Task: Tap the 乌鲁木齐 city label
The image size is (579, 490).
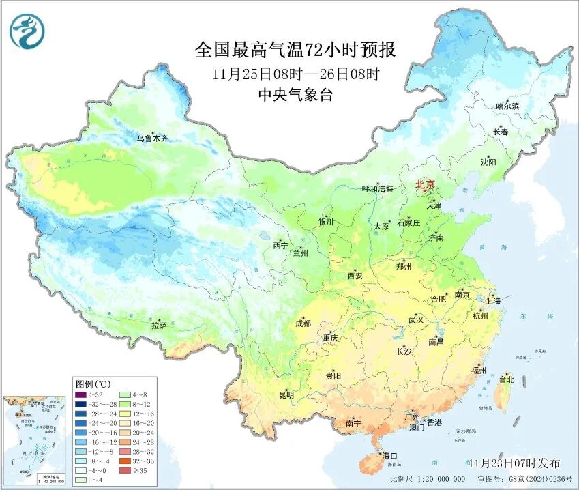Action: [151, 138]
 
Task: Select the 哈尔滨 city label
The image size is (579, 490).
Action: [507, 106]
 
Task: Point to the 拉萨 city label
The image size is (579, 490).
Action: [159, 326]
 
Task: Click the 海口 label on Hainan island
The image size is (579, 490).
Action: [390, 455]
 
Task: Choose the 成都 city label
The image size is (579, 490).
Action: [303, 323]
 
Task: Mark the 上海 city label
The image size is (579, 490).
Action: [492, 300]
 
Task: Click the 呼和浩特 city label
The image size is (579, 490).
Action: [377, 188]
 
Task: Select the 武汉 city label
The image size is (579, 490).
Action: [415, 319]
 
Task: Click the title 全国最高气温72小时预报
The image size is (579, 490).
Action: [295, 50]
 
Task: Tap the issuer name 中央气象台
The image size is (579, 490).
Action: [294, 95]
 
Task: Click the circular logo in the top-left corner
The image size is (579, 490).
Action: [27, 31]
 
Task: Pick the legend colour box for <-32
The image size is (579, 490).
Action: [80, 394]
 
